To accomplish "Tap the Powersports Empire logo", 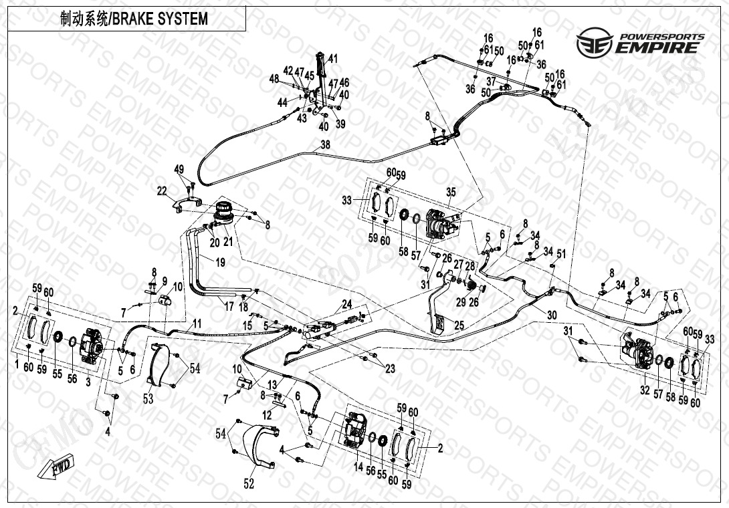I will coord(640,43).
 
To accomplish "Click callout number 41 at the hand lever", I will coord(333,57).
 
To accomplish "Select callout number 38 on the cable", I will coord(325,144).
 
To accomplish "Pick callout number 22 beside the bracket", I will coord(162,191).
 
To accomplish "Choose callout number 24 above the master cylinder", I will coord(347,304).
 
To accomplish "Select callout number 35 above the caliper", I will coord(451,193).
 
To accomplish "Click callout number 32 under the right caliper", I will coord(645,390).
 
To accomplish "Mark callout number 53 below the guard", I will coord(148,398).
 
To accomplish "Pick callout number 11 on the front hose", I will coord(197,324).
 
